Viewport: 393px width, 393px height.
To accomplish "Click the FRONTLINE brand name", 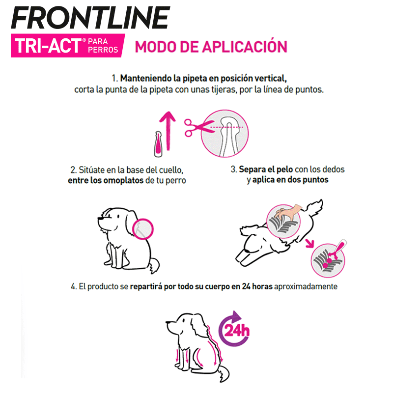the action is pos(90,18).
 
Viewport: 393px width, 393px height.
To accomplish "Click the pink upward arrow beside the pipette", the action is pos(168,131).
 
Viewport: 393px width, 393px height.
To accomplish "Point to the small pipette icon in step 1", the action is pos(158,144).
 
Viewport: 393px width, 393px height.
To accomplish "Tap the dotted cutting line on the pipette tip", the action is pos(226,127).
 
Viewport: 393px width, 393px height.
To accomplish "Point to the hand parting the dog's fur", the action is pos(289,211).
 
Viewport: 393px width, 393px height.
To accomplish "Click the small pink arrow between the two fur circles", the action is pos(310,243).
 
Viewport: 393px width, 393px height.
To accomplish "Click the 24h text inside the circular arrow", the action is pos(237,330).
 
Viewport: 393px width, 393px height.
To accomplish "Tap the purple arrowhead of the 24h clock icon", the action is pos(236,317).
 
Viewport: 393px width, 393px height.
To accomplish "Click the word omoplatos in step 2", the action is pos(123,180).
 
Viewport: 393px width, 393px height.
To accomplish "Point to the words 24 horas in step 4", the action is pos(257,286).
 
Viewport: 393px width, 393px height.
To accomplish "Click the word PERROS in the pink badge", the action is pos(103,50).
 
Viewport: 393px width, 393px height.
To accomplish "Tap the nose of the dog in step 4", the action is pos(167,323).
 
